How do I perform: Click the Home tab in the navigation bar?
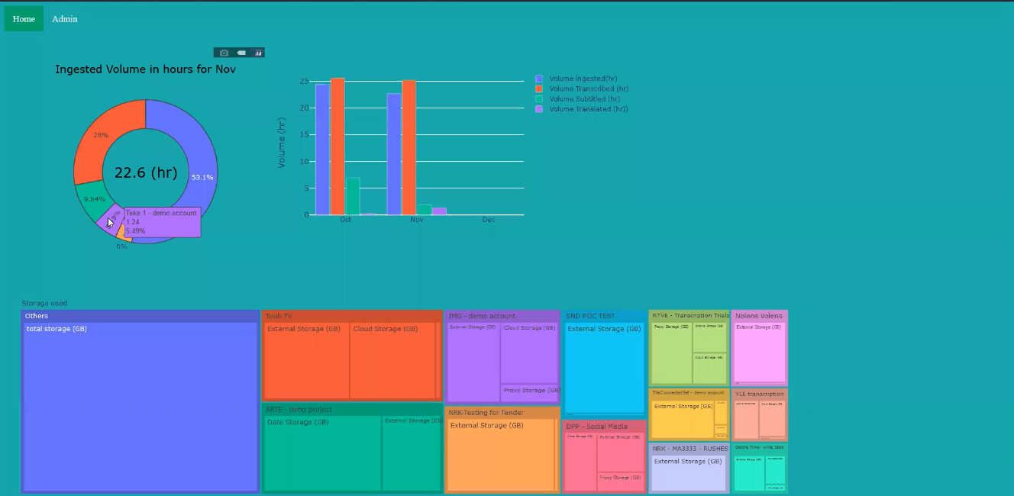point(24,19)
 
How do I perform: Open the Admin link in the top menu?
point(65,19)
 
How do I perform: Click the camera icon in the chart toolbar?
point(224,53)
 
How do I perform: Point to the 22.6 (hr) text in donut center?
point(145,172)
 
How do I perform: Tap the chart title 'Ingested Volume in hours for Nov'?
point(145,69)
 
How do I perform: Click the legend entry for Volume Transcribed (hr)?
point(588,89)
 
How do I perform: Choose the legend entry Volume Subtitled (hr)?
point(584,98)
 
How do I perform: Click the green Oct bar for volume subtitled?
point(353,196)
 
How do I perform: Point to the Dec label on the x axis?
point(489,220)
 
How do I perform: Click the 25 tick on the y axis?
point(304,82)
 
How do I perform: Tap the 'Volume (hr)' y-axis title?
point(282,143)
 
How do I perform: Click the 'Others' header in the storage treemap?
point(37,316)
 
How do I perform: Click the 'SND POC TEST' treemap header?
point(590,316)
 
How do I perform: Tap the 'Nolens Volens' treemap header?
point(758,316)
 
